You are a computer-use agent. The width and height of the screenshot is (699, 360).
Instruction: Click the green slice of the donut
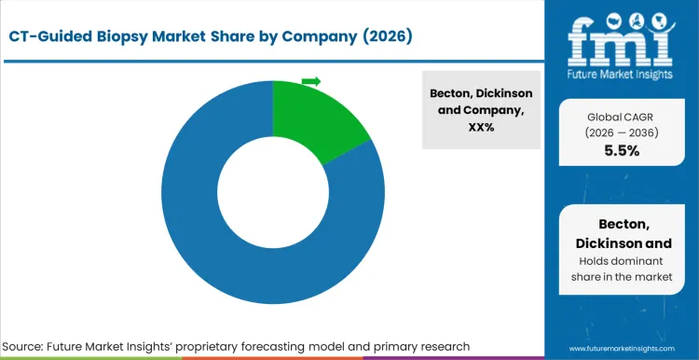317,117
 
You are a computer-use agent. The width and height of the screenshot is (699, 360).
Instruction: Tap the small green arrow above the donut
311,82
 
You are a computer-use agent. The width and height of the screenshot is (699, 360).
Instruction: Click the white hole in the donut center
272,191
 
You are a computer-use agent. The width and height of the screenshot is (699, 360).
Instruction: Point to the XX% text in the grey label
482,126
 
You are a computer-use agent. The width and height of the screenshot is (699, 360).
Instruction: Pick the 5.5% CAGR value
621,151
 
